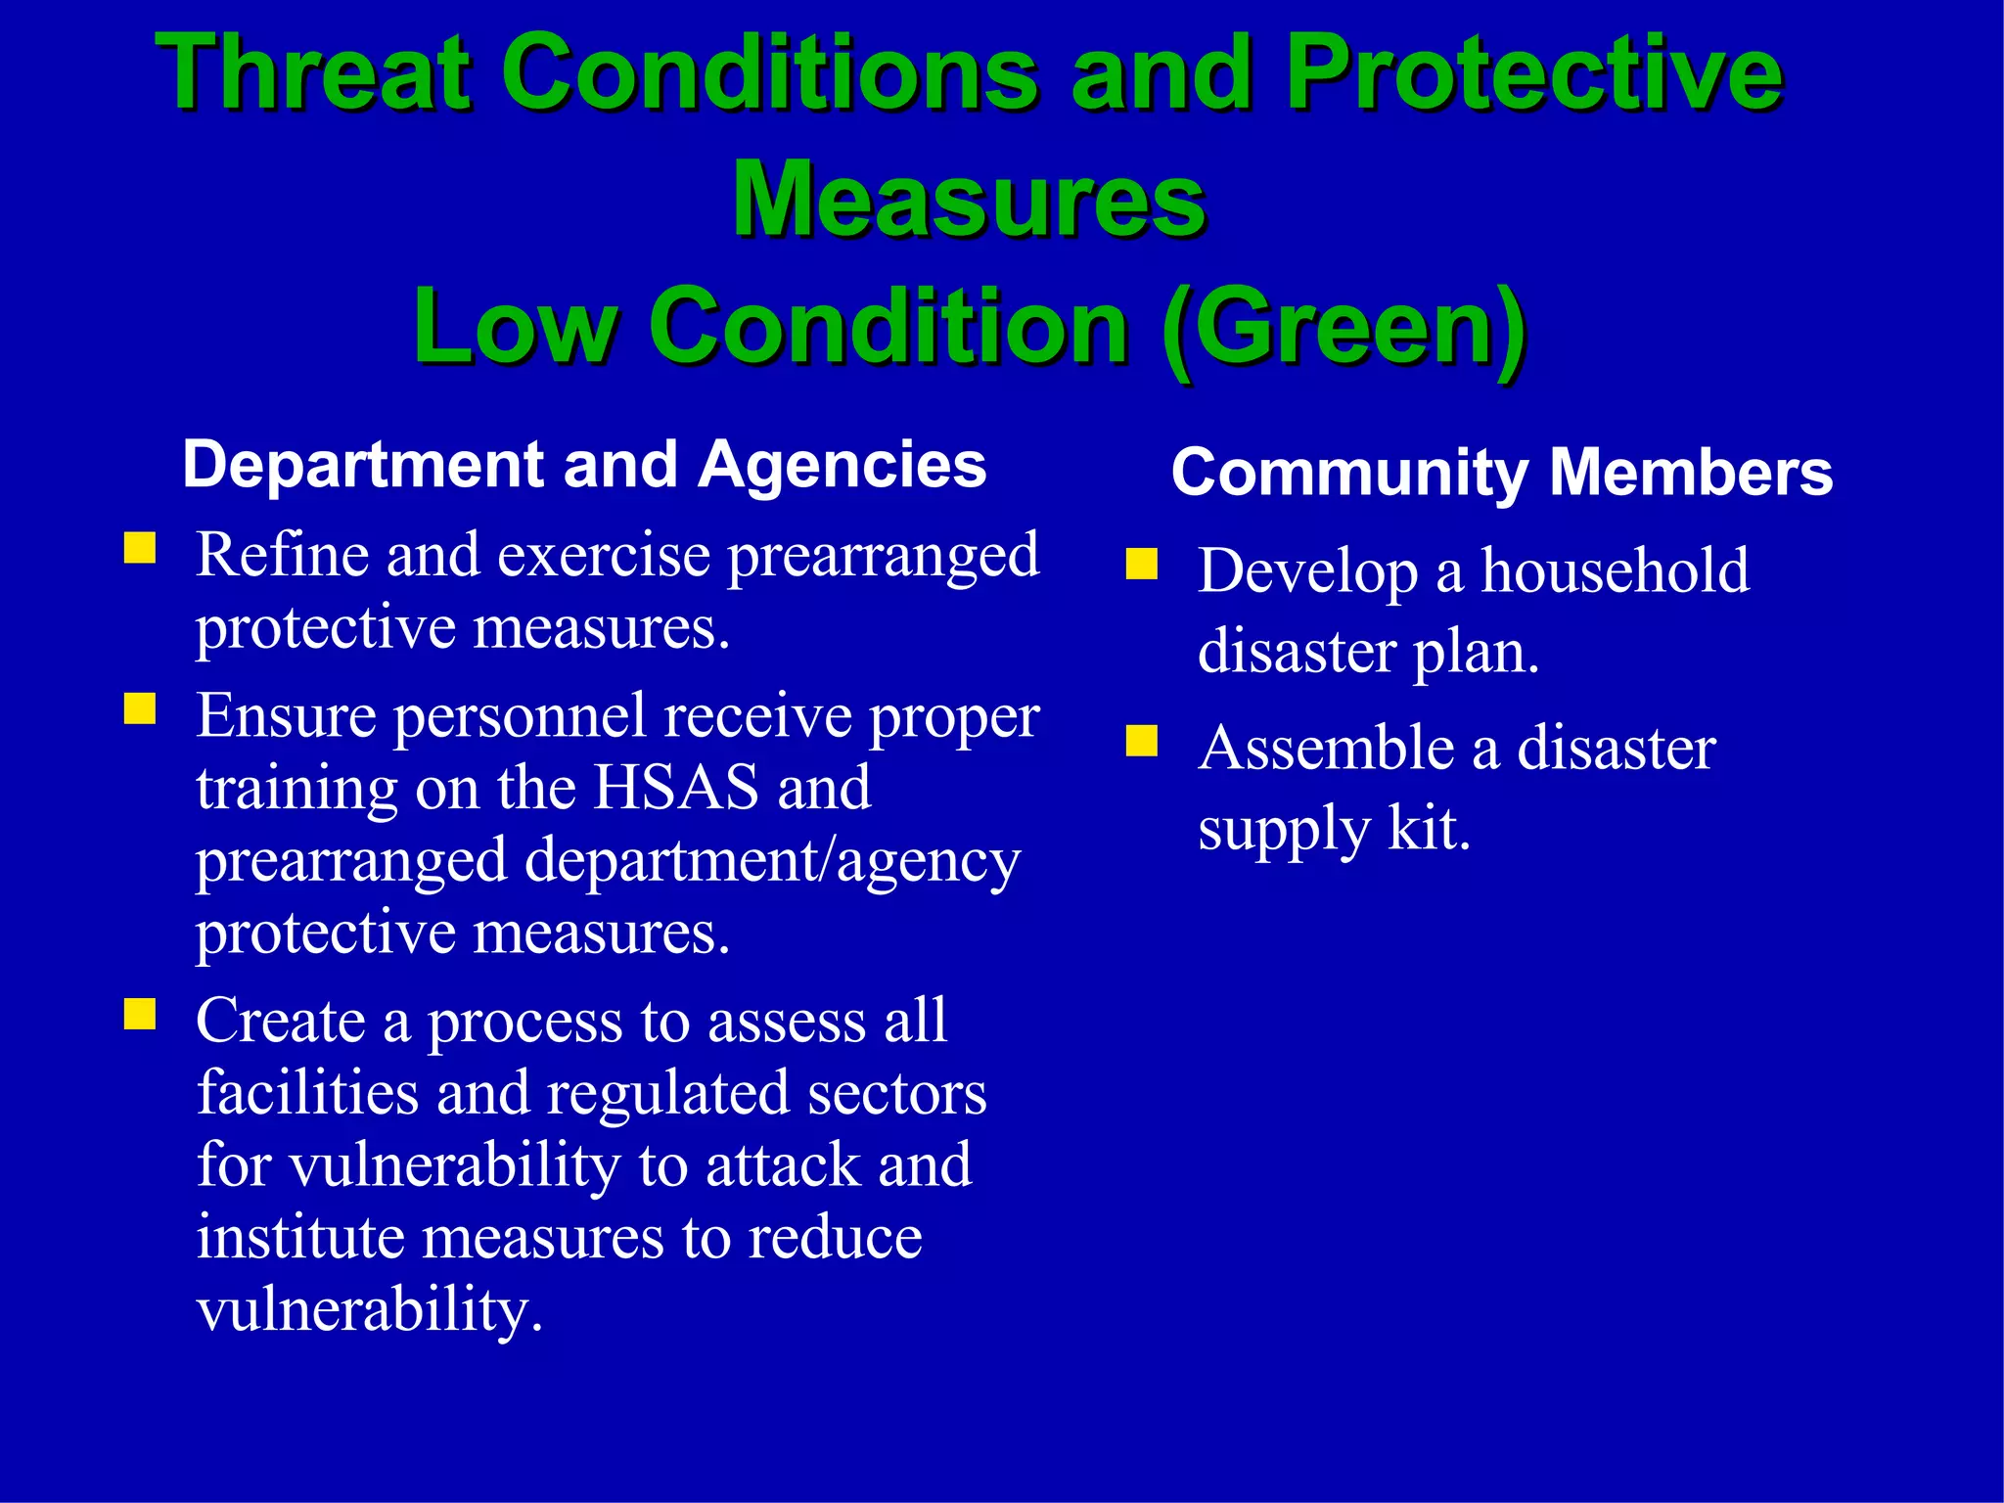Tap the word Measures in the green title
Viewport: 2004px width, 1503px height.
(x=969, y=200)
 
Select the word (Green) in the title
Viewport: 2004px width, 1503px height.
(x=1344, y=328)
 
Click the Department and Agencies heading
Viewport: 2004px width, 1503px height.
(x=584, y=464)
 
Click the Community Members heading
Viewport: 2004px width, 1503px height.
(x=1501, y=473)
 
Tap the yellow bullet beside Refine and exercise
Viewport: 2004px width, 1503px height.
(x=140, y=548)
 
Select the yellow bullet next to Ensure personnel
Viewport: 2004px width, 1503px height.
(x=140, y=708)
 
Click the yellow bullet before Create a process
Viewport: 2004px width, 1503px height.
(x=140, y=1014)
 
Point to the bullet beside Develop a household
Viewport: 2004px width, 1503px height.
(x=1141, y=565)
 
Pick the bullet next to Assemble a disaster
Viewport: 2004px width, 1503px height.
(x=1141, y=742)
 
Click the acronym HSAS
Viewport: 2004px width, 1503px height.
(x=676, y=787)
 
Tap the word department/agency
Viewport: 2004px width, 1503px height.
(x=772, y=862)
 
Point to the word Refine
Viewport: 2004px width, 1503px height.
(x=282, y=555)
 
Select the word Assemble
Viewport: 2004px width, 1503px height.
(x=1326, y=749)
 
